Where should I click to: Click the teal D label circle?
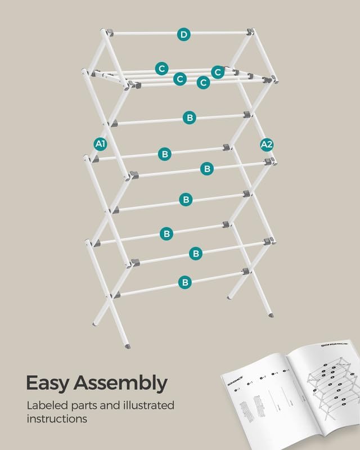pos(183,34)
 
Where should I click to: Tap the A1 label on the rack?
pos(100,145)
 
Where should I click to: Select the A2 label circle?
pos(267,145)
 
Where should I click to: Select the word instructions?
pos(57,419)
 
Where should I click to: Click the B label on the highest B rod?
pos(190,118)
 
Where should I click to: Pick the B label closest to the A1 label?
pos(165,154)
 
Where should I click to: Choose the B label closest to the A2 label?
pos(207,168)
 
